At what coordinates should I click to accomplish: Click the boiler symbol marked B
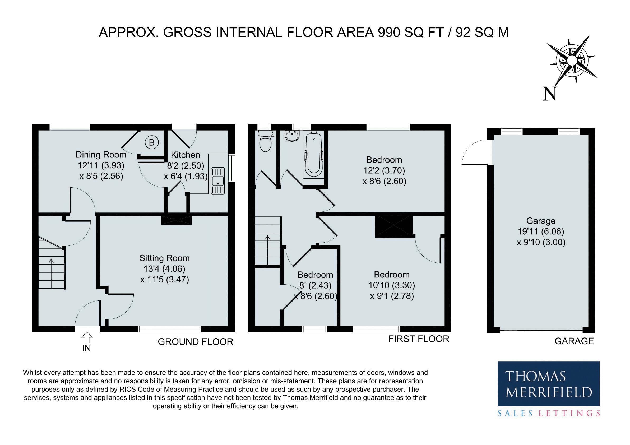(x=151, y=142)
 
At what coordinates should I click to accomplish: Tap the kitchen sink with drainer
(x=218, y=181)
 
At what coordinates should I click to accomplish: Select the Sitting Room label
(x=164, y=258)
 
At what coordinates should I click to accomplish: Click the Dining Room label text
(x=101, y=155)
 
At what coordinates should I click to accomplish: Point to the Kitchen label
(x=186, y=155)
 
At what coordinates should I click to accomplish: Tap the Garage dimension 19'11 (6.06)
(x=541, y=231)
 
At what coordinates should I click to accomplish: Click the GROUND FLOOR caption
(x=196, y=342)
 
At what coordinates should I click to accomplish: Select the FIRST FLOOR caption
(x=419, y=339)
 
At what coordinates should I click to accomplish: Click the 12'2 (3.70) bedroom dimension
(x=384, y=170)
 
